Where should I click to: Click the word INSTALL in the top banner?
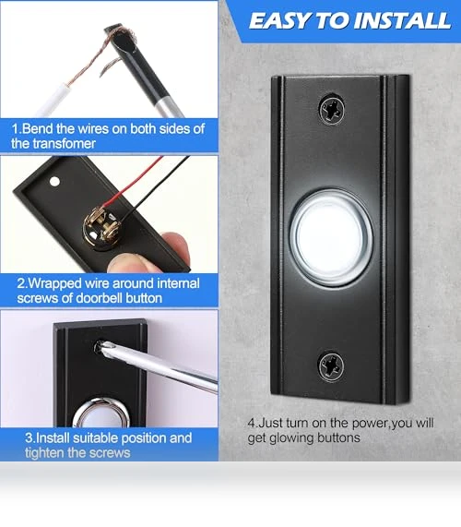402,21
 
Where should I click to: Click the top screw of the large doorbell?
331,110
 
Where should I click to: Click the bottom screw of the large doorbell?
331,366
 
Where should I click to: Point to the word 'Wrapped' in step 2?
54,284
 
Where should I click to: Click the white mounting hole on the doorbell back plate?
54,182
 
